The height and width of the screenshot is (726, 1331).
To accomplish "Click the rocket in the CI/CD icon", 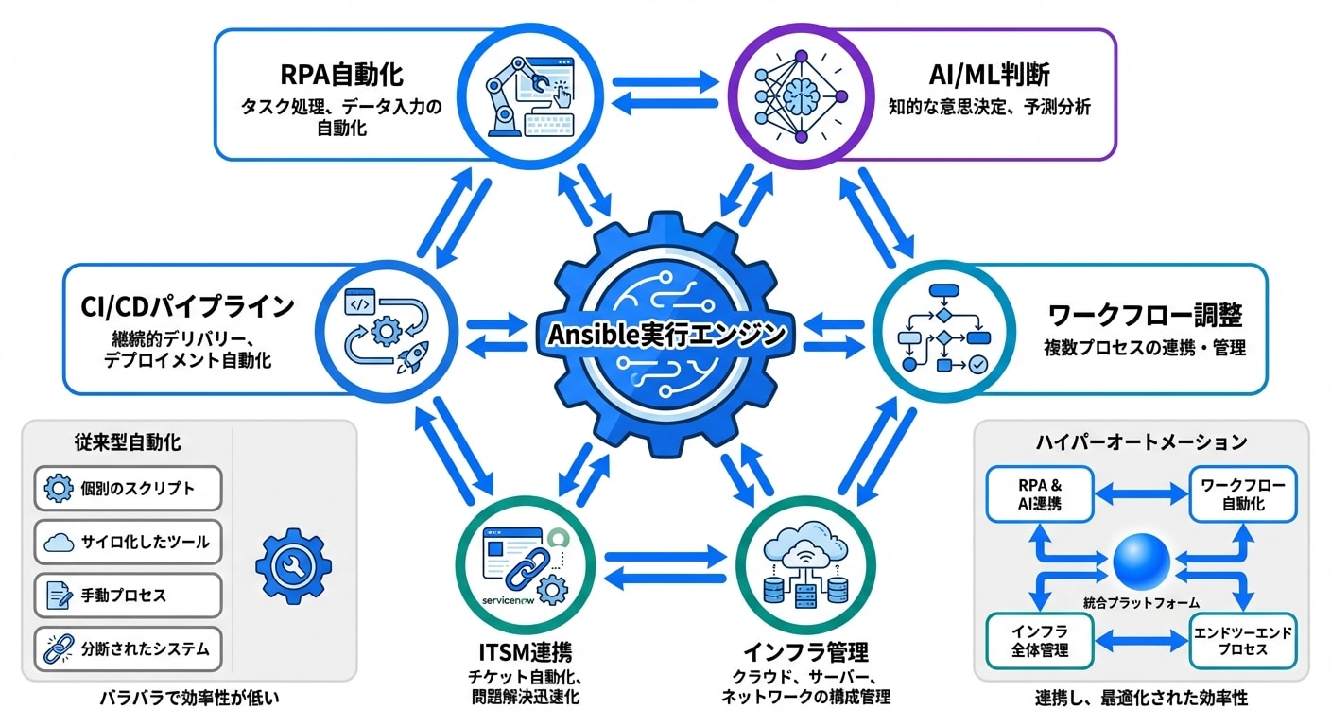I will tap(409, 355).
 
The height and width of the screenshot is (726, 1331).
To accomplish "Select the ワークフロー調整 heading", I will tap(1145, 314).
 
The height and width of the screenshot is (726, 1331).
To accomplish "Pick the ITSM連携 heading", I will tap(524, 652).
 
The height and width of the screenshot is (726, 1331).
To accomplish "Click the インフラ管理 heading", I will tap(805, 652).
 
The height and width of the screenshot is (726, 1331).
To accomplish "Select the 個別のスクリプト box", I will tap(128, 489).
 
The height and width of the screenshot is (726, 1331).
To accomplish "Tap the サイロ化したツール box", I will tap(128, 543).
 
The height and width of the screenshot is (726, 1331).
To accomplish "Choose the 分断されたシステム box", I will tap(128, 650).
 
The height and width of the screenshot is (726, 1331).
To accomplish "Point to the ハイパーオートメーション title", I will tap(1141, 441).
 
